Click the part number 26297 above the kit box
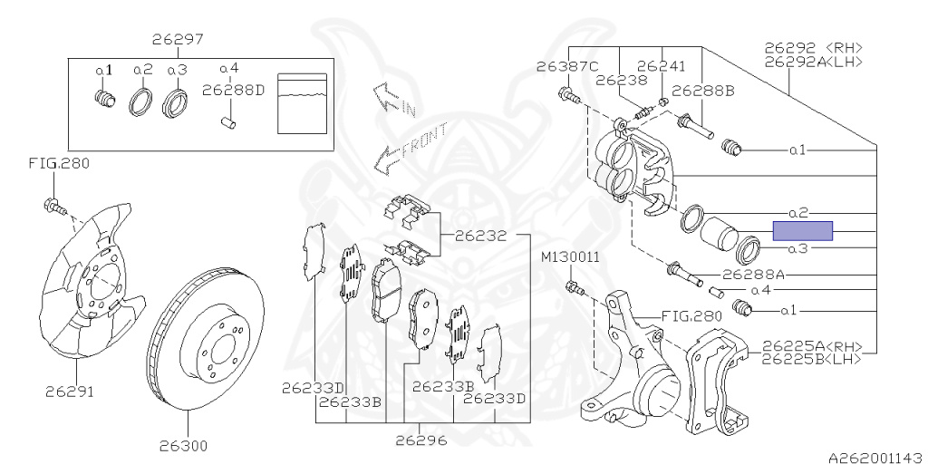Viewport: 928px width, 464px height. (x=178, y=39)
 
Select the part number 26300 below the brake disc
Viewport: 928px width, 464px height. (x=183, y=446)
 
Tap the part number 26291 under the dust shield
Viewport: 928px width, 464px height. (x=69, y=391)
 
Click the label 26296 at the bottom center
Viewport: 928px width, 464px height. (x=421, y=440)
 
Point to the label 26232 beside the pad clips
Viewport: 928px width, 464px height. (x=480, y=236)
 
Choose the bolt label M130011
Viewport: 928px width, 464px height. (x=571, y=257)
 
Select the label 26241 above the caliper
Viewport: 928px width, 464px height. (x=661, y=66)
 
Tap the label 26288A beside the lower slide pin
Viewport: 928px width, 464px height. (x=753, y=275)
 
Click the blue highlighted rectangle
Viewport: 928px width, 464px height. (x=803, y=231)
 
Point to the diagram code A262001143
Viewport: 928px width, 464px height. (x=877, y=458)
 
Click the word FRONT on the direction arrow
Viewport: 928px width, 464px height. (x=424, y=140)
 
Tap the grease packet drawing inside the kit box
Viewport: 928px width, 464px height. (x=302, y=103)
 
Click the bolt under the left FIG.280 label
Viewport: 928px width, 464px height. (x=54, y=207)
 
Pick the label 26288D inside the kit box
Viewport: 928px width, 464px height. (x=233, y=91)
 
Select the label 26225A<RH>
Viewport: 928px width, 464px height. (x=812, y=347)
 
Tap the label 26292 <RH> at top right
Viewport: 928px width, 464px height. (x=814, y=48)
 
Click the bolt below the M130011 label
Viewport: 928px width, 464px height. (x=575, y=288)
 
